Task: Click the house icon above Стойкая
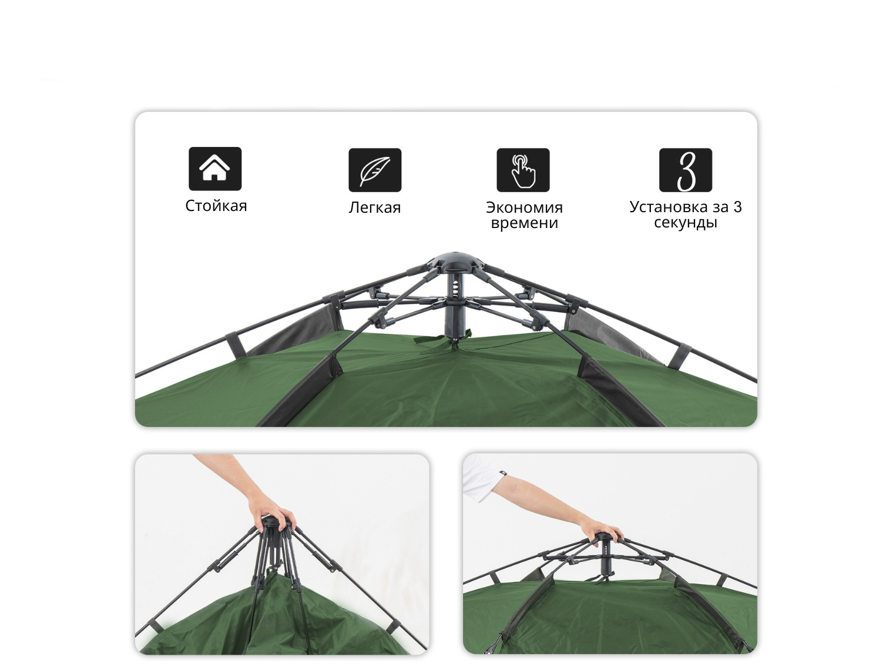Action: click(x=215, y=169)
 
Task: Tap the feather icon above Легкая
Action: click(x=375, y=170)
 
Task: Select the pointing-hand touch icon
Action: click(x=523, y=170)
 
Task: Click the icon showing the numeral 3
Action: click(x=686, y=170)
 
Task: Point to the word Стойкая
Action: click(x=216, y=206)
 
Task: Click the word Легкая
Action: click(x=375, y=207)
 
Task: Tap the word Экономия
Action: click(x=525, y=207)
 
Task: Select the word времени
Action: click(x=525, y=223)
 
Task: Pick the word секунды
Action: click(x=686, y=223)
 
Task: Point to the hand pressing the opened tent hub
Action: click(x=602, y=530)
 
